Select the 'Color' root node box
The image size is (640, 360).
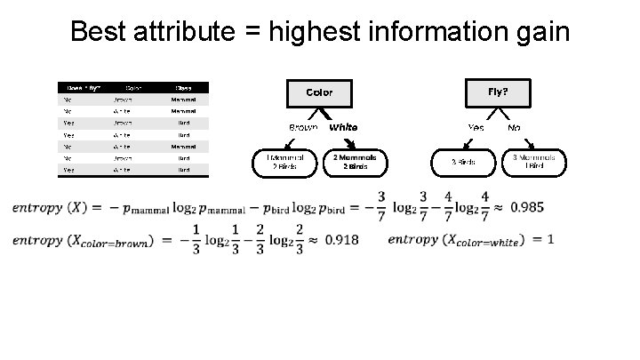pyautogui.click(x=319, y=92)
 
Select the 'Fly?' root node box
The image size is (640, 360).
pyautogui.click(x=498, y=92)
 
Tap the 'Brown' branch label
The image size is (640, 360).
pyautogui.click(x=303, y=127)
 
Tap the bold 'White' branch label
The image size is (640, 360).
pyautogui.click(x=343, y=127)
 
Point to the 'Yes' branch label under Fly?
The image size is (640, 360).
pyautogui.click(x=476, y=127)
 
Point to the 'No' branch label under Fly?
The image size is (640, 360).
pyautogui.click(x=514, y=127)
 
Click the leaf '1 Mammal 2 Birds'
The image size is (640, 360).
pyautogui.click(x=281, y=162)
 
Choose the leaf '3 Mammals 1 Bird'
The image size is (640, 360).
pyautogui.click(x=534, y=162)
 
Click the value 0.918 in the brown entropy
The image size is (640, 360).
pyautogui.click(x=341, y=240)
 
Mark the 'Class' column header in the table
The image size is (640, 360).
pyautogui.click(x=183, y=87)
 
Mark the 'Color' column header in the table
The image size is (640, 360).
pyautogui.click(x=133, y=87)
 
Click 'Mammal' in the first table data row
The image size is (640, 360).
pyautogui.click(x=183, y=99)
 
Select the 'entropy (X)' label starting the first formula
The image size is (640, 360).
pyautogui.click(x=49, y=207)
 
